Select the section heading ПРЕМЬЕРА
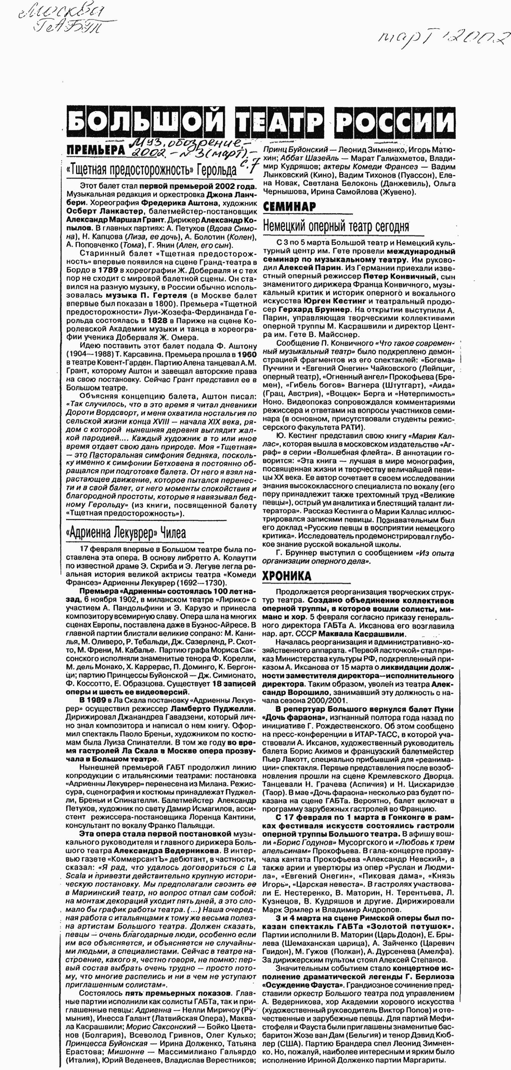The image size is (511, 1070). tap(95, 150)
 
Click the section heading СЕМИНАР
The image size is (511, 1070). tap(289, 206)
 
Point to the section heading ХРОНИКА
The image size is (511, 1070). tap(286, 576)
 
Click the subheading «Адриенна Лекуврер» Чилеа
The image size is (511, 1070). tap(125, 532)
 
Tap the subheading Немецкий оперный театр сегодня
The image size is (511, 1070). tap(336, 226)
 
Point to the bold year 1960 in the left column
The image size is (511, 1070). tap(247, 354)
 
